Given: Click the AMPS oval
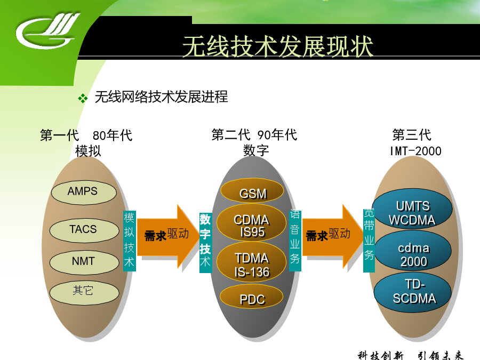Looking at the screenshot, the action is click(84, 192).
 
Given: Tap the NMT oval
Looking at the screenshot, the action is click(84, 262).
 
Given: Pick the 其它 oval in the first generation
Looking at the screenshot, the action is click(84, 292).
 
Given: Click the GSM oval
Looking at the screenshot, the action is click(252, 191).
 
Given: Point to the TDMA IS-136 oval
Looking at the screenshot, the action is click(251, 262).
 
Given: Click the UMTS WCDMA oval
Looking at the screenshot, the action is click(412, 210).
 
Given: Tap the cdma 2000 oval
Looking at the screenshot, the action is click(413, 251).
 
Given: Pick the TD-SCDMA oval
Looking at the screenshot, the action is click(413, 292).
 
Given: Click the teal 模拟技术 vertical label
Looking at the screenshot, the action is click(129, 241).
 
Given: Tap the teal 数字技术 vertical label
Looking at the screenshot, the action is click(205, 243).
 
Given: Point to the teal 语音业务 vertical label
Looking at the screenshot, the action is click(295, 241).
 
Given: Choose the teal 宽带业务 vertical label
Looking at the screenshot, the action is click(369, 241).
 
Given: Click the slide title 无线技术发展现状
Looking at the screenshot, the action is click(278, 46).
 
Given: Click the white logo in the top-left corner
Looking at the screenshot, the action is click(47, 31).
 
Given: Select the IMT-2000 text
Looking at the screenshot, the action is click(415, 151).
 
